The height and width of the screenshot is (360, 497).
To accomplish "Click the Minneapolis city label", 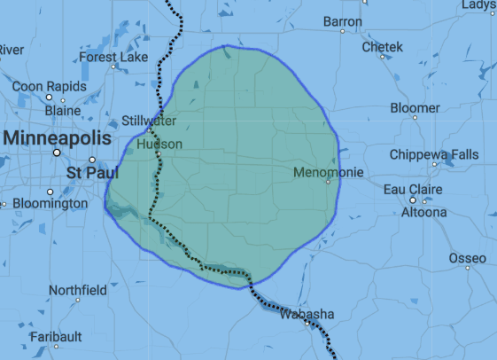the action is pos(58,138).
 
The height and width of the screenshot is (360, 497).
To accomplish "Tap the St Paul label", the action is pos(87,169).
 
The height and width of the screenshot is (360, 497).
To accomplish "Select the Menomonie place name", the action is pos(323,171).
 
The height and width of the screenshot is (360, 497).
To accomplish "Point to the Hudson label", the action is pos(159,144).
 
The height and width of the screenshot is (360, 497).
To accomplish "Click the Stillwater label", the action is pos(149,121).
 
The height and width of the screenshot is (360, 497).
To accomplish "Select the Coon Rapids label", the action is pos(50,86).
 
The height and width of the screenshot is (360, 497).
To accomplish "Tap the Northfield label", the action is pos(78,290).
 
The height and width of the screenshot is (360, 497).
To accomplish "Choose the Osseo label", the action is pos(467,258).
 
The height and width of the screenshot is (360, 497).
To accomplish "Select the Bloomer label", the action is pos(415,108).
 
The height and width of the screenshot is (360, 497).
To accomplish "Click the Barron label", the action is pos(343,21).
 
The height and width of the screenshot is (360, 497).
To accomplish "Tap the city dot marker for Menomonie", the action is pos(328,182).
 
